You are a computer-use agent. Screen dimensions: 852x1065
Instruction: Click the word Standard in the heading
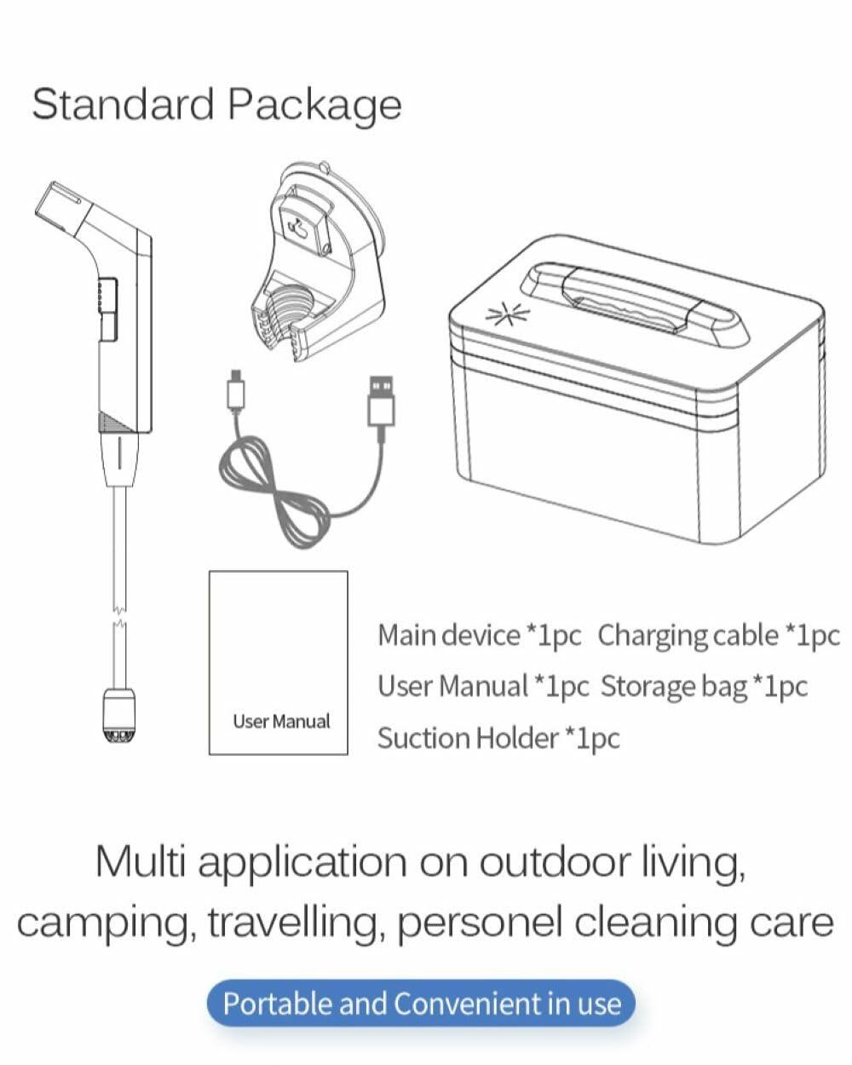pos(123,104)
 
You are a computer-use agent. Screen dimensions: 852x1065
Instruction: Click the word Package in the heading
pos(314,106)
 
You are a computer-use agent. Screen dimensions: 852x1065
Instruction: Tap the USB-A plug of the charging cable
pos(381,400)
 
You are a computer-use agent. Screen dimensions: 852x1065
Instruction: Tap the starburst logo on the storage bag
pos(508,314)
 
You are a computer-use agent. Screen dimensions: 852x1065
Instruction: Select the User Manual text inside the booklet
pos(281,722)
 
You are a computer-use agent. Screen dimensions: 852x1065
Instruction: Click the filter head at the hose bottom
pos(118,715)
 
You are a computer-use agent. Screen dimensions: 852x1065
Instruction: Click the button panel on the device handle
pos(108,309)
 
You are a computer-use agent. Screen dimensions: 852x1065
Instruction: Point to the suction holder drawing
pos(319,262)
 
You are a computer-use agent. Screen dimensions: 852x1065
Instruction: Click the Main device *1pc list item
pos(479,636)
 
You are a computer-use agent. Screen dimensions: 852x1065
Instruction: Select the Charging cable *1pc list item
pos(719,636)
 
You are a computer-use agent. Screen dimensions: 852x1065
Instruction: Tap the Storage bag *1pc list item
pos(704,687)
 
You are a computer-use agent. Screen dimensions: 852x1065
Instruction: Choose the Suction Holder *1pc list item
pos(498,739)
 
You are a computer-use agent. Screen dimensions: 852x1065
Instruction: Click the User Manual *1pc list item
pos(483,687)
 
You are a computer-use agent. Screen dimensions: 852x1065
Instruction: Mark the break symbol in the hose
pos(118,615)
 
